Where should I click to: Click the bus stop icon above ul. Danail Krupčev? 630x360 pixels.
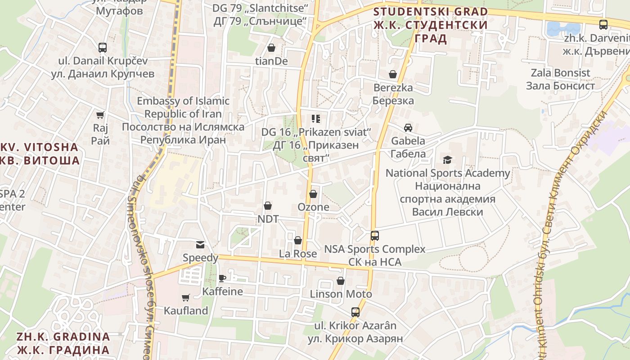103,47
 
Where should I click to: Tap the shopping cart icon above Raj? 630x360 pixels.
100,115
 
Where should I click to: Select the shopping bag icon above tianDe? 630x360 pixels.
271,48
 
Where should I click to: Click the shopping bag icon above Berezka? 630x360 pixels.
393,74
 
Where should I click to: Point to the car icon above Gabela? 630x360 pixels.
408,128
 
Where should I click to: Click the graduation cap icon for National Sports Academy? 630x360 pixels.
447,160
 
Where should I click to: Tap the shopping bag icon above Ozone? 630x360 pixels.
313,194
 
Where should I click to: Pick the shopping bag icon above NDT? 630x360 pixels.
268,206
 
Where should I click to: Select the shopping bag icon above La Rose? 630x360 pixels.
298,241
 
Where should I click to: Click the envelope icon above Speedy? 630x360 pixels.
200,245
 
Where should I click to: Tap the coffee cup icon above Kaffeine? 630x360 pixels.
222,278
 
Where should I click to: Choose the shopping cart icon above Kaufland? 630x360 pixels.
185,297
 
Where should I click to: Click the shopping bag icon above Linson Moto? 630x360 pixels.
341,281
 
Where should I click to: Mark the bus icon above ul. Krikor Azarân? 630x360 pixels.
355,312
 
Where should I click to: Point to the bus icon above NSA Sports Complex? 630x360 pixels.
374,235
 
